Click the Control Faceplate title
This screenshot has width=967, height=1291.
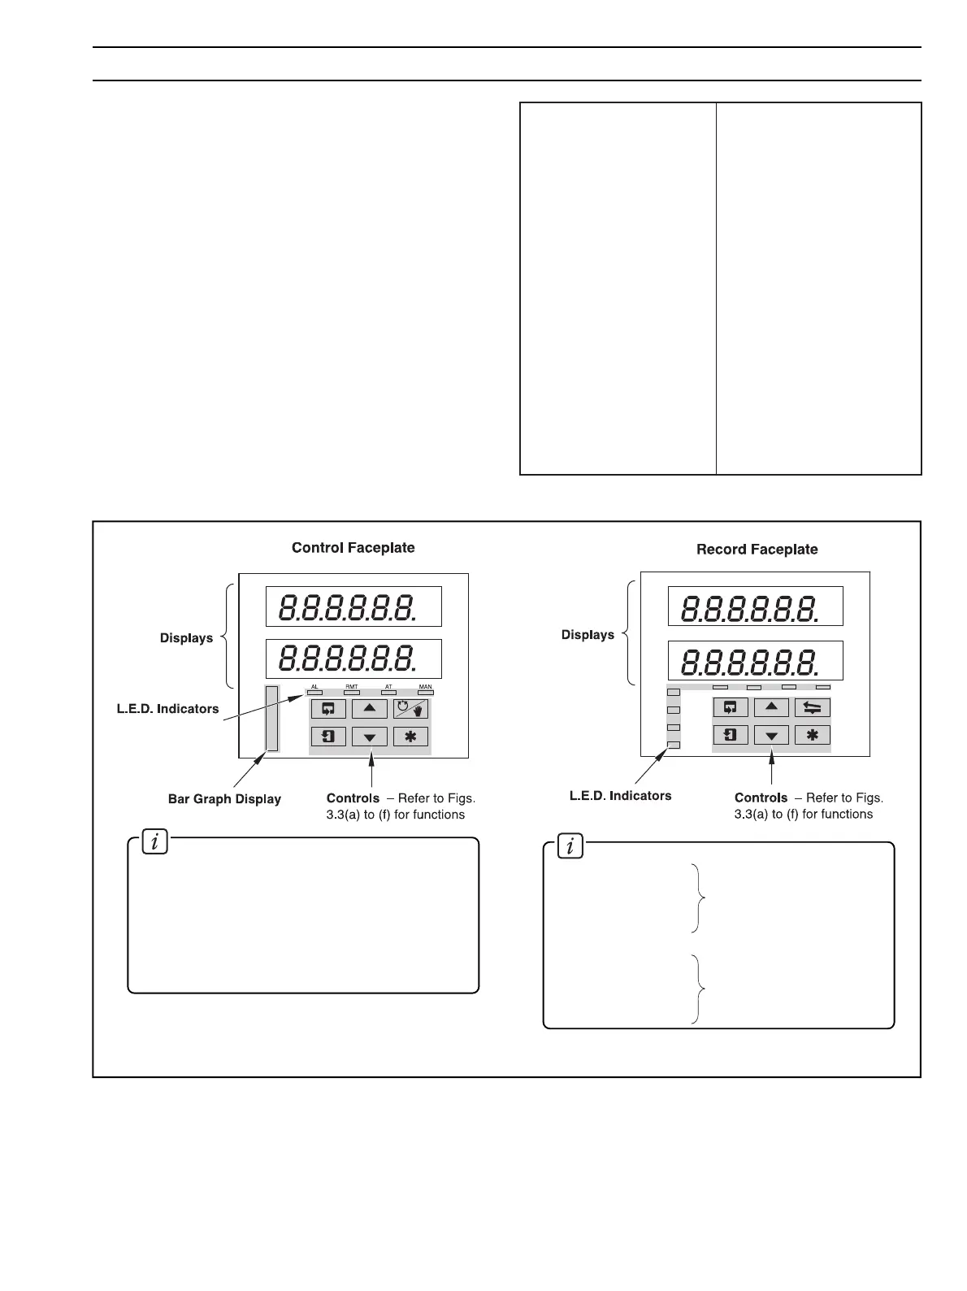(353, 548)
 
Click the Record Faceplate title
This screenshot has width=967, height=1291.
(757, 550)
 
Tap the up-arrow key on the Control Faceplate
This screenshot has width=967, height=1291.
(369, 708)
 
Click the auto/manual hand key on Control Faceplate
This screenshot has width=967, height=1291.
(411, 708)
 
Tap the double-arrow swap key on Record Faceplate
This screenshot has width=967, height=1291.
(812, 707)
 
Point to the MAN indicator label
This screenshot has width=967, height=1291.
(425, 687)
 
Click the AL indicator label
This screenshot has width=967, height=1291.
(314, 687)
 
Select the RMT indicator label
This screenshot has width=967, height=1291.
(352, 687)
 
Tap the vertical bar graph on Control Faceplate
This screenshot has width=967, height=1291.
(272, 719)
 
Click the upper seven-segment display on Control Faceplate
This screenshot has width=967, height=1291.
(353, 607)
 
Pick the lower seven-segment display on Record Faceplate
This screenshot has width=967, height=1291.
(755, 661)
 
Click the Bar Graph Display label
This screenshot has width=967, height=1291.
(224, 799)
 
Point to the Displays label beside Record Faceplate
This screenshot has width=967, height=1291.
(588, 635)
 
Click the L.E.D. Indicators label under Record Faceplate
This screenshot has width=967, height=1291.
(620, 796)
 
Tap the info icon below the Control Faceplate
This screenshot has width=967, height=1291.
(154, 842)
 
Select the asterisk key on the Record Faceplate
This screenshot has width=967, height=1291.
(812, 736)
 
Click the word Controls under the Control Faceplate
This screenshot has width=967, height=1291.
(353, 798)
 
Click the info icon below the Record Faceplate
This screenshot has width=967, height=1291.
(570, 847)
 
